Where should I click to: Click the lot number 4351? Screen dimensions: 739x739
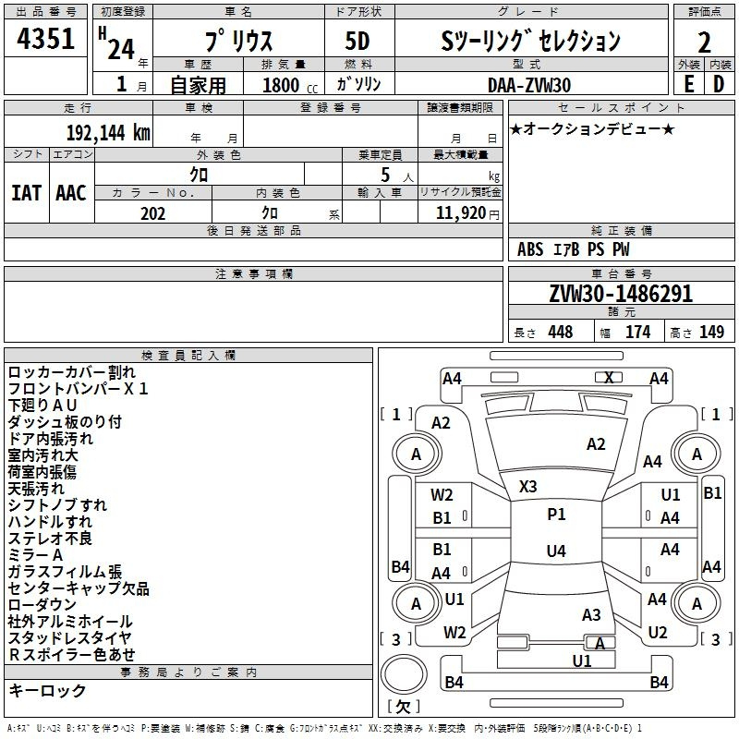45,38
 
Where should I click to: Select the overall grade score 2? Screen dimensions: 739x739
704,42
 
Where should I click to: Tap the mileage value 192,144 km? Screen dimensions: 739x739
108,133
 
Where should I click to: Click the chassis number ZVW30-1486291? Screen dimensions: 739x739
621,293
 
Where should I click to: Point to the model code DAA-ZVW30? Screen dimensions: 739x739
529,85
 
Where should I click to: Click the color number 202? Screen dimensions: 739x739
152,213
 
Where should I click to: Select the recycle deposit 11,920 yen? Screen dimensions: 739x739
467,213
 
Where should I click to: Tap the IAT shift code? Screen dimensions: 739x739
27,193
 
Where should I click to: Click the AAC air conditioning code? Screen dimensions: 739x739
71,193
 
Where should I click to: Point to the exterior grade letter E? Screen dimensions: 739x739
688,84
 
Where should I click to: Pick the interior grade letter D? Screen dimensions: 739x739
719,84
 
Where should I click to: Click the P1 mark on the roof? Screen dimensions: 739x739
556,515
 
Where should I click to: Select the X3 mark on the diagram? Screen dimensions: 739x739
527,487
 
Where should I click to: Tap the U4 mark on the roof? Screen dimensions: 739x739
556,551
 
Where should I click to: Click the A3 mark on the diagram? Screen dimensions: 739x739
591,614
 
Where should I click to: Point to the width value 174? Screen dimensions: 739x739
637,332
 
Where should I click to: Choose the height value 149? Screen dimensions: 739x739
711,332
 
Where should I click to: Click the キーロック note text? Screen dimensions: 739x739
47,690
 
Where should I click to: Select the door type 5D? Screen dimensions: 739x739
357,42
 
